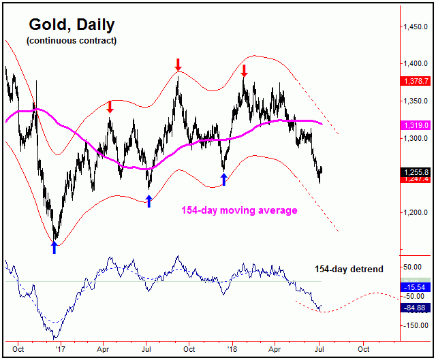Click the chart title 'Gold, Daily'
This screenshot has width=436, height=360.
click(x=72, y=25)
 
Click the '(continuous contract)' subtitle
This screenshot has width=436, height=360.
click(x=72, y=41)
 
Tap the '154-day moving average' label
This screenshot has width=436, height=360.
click(x=239, y=210)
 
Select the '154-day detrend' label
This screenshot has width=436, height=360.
click(x=349, y=269)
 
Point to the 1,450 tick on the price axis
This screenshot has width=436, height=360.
click(x=414, y=27)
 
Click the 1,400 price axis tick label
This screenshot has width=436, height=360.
click(x=414, y=63)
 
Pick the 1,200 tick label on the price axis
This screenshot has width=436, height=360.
click(x=414, y=212)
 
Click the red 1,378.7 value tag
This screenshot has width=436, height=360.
click(x=415, y=81)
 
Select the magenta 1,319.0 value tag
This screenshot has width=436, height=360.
click(x=415, y=125)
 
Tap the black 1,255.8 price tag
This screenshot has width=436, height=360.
click(x=415, y=172)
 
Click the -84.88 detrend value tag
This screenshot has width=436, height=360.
click(x=415, y=308)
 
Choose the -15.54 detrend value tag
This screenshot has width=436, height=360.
click(x=415, y=288)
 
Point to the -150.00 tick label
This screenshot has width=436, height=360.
click(x=414, y=326)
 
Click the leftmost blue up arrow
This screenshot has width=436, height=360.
click(x=54, y=247)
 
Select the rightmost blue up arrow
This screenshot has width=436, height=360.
click(x=223, y=180)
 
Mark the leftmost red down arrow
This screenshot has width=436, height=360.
click(x=110, y=107)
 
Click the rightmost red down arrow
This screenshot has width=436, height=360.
click(x=244, y=71)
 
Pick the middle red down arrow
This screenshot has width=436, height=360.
click(x=178, y=65)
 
